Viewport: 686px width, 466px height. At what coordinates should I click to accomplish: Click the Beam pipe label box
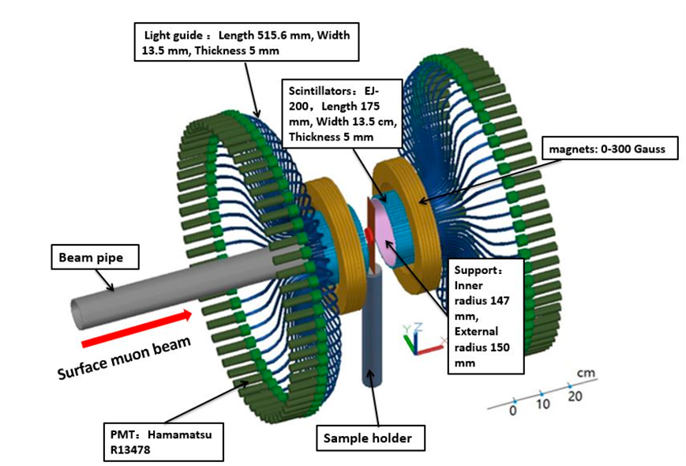[x=95, y=257]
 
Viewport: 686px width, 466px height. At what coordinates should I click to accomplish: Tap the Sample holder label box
[x=370, y=438]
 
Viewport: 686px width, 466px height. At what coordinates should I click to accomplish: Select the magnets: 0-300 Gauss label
[x=610, y=148]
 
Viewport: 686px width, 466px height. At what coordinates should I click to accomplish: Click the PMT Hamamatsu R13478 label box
[x=163, y=442]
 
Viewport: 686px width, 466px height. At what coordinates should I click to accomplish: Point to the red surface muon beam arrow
[x=137, y=328]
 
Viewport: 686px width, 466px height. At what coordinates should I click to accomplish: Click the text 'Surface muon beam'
[x=124, y=358]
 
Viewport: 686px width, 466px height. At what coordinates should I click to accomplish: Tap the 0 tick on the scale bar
[x=515, y=400]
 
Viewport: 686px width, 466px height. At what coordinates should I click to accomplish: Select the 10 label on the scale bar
[x=543, y=404]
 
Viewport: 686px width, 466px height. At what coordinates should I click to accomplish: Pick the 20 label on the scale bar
[x=575, y=396]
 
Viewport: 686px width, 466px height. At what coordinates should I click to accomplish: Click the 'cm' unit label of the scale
[x=587, y=373]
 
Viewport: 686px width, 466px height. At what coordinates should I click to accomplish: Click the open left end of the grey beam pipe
[x=79, y=314]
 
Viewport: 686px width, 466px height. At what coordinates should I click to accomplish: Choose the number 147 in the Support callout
[x=499, y=301]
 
